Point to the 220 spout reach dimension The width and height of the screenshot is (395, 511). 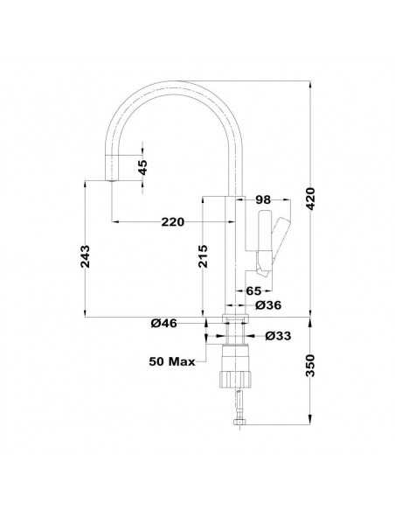click(x=172, y=222)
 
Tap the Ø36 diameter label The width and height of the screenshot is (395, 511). click(x=267, y=304)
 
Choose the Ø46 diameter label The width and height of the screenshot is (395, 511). click(x=164, y=324)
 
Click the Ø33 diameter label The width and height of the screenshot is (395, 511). click(x=277, y=335)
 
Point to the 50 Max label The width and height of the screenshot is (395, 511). click(x=171, y=360)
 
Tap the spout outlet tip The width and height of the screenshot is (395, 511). click(x=112, y=176)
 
